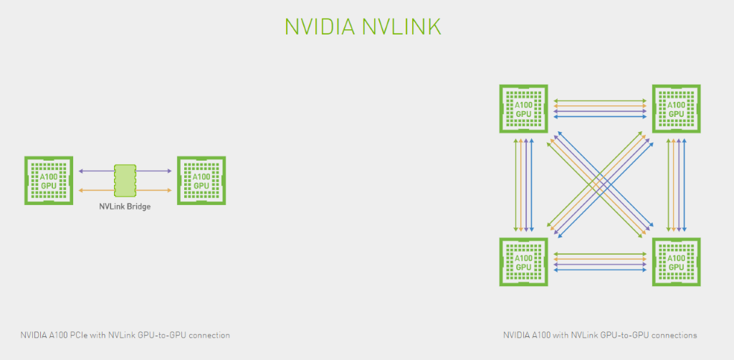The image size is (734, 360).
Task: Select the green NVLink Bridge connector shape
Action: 125,181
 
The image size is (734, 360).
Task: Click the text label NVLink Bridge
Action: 125,206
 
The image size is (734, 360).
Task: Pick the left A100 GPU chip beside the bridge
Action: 49,181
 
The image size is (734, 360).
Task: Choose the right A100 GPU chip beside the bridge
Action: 201,181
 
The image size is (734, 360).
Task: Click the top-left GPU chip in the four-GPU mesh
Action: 523,108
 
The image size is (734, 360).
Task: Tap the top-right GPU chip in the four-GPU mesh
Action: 676,108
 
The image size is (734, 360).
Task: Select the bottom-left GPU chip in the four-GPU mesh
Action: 523,262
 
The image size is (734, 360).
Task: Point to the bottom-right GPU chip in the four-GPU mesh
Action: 676,262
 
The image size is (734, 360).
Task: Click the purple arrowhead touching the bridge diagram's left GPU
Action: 81,171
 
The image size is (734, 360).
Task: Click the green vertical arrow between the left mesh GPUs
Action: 515,185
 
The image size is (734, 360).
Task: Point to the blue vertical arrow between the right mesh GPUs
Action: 685,185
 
